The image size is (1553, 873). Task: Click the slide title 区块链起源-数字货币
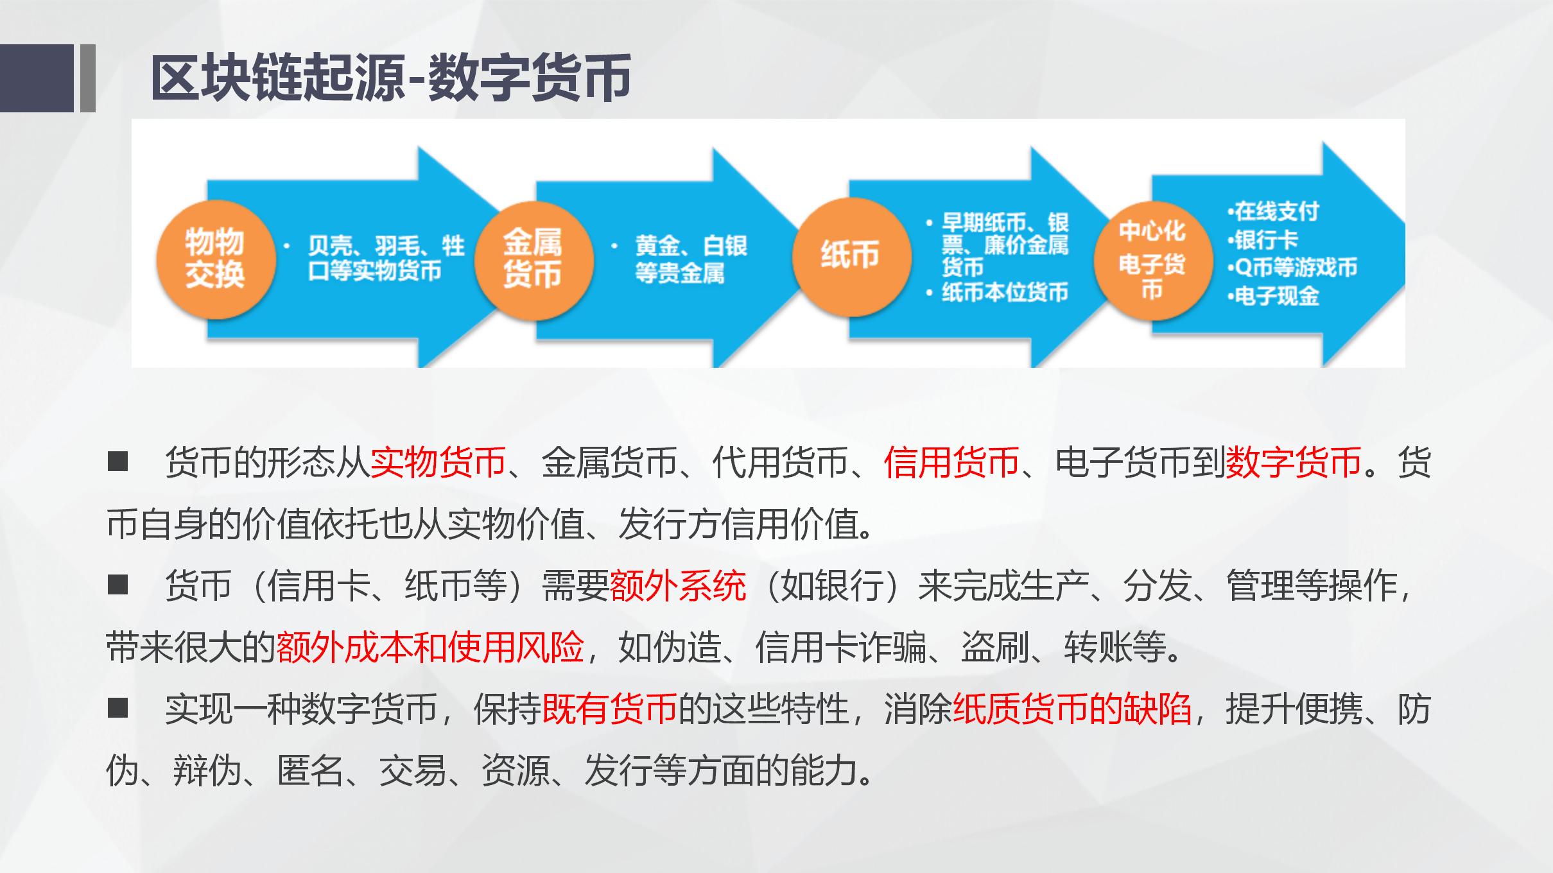[x=390, y=78]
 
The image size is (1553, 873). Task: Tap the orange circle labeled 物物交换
[x=216, y=259]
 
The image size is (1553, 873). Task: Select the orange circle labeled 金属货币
[x=532, y=259]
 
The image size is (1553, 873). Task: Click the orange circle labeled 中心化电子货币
[x=1152, y=261]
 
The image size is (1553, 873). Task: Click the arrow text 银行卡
[x=1265, y=239]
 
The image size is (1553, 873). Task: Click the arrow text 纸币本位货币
[x=1004, y=293]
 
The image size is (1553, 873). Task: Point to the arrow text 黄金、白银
[x=691, y=246]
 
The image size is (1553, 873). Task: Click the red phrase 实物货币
[x=438, y=462]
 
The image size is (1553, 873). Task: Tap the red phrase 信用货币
[x=951, y=462]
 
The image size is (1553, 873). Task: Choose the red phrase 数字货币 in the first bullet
[x=1293, y=462]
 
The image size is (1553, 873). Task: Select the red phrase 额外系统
[x=678, y=585]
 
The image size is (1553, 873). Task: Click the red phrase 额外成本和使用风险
[x=430, y=647]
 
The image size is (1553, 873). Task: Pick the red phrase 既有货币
[x=610, y=709]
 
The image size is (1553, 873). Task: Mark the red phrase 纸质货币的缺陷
[x=1072, y=709]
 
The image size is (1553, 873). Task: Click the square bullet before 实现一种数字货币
[x=118, y=708]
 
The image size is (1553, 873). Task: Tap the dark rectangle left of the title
[x=37, y=78]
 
